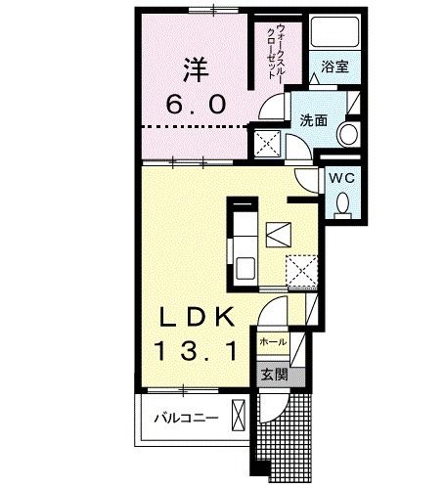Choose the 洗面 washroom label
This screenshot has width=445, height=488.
click(313, 121)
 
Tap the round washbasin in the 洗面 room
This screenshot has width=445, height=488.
click(345, 133)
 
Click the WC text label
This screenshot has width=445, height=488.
click(340, 178)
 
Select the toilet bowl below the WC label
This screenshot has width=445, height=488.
click(341, 202)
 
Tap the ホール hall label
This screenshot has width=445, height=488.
click(273, 341)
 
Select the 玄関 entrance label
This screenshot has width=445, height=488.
click(273, 373)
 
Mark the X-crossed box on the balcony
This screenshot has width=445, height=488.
click(238, 416)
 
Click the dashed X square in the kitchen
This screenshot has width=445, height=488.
click(301, 269)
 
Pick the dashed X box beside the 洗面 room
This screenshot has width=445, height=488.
click(267, 143)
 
